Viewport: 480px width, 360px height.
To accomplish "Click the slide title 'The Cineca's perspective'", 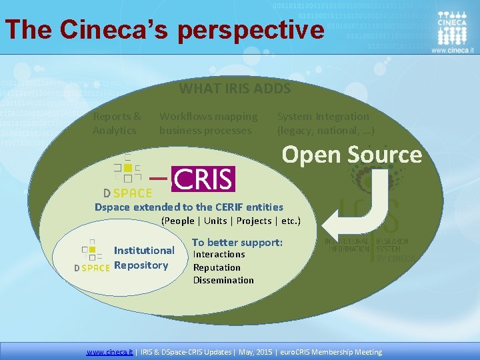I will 165,29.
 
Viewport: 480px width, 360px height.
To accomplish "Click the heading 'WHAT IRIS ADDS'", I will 235,88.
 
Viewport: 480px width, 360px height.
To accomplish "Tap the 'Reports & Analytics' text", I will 117,123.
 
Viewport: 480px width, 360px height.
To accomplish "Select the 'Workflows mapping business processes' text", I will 208,123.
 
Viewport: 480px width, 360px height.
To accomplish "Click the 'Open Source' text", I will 351,155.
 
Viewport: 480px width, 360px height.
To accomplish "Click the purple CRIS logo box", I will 203,179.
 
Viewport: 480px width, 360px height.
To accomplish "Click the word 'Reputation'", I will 217,267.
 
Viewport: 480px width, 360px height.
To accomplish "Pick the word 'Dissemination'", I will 223,280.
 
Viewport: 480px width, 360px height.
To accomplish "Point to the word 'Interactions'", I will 219,255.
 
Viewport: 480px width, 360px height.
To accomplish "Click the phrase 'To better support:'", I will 237,242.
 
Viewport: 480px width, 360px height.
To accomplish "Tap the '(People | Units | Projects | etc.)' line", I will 231,221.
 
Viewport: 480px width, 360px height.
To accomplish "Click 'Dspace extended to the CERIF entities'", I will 189,207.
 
